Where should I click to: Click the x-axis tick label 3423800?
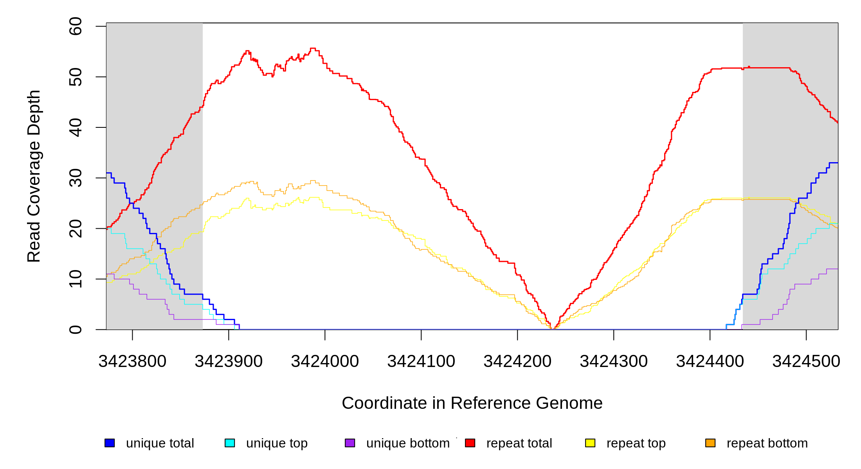click(132, 362)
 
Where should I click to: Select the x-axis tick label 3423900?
click(229, 362)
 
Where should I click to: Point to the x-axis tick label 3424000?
click(325, 362)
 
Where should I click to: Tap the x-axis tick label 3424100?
click(421, 362)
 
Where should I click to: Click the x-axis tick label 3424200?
click(517, 362)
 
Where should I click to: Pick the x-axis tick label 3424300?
click(614, 362)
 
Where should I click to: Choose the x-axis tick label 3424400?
click(710, 362)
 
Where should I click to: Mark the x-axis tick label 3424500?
click(806, 362)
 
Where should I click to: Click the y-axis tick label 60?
click(76, 26)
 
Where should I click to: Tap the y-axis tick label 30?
click(76, 178)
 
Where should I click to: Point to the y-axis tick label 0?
click(76, 329)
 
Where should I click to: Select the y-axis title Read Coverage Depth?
click(34, 176)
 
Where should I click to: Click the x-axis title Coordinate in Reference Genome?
click(472, 403)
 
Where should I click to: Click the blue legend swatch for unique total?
click(110, 443)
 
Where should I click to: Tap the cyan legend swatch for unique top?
click(230, 443)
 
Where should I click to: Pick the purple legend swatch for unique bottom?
click(350, 443)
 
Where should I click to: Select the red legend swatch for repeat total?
click(470, 443)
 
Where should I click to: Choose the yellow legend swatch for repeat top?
click(590, 443)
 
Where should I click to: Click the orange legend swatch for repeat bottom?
click(710, 443)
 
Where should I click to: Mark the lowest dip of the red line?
click(552, 329)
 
